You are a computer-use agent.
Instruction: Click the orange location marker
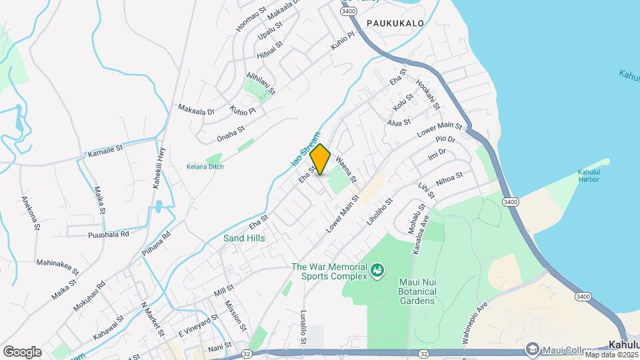pos(321,160)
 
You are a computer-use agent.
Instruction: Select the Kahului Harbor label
pos(590,177)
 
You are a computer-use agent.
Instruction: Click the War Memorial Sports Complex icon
pos(378,270)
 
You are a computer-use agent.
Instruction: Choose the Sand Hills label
pos(244,238)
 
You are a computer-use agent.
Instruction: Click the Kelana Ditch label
pos(205,167)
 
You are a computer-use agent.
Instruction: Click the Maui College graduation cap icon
pos(532,349)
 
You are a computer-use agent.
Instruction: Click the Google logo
pos(22,352)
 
